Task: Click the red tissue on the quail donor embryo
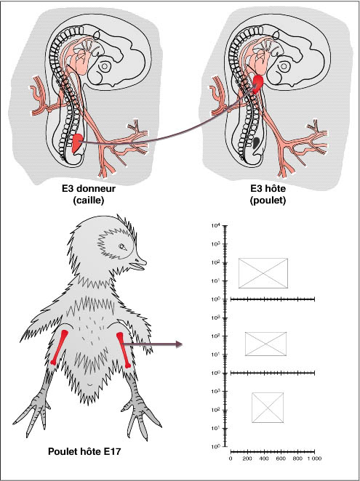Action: click(77, 142)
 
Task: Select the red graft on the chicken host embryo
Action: click(258, 82)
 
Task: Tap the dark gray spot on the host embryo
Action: click(257, 142)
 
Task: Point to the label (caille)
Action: click(89, 201)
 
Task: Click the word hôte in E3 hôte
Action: click(275, 188)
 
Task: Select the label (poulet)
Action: click(268, 201)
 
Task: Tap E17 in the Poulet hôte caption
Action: click(112, 451)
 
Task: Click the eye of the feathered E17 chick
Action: click(123, 246)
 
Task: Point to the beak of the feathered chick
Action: click(138, 264)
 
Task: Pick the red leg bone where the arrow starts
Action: click(124, 350)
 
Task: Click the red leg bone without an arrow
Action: click(59, 347)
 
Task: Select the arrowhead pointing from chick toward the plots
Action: click(179, 344)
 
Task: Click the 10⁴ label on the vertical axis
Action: click(215, 226)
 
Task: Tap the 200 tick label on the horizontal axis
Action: click(247, 458)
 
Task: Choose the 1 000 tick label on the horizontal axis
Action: click(314, 458)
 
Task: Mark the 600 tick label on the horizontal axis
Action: click(281, 458)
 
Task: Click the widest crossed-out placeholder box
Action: click(263, 273)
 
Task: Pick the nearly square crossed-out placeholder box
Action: click(268, 408)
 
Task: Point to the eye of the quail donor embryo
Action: click(105, 65)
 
